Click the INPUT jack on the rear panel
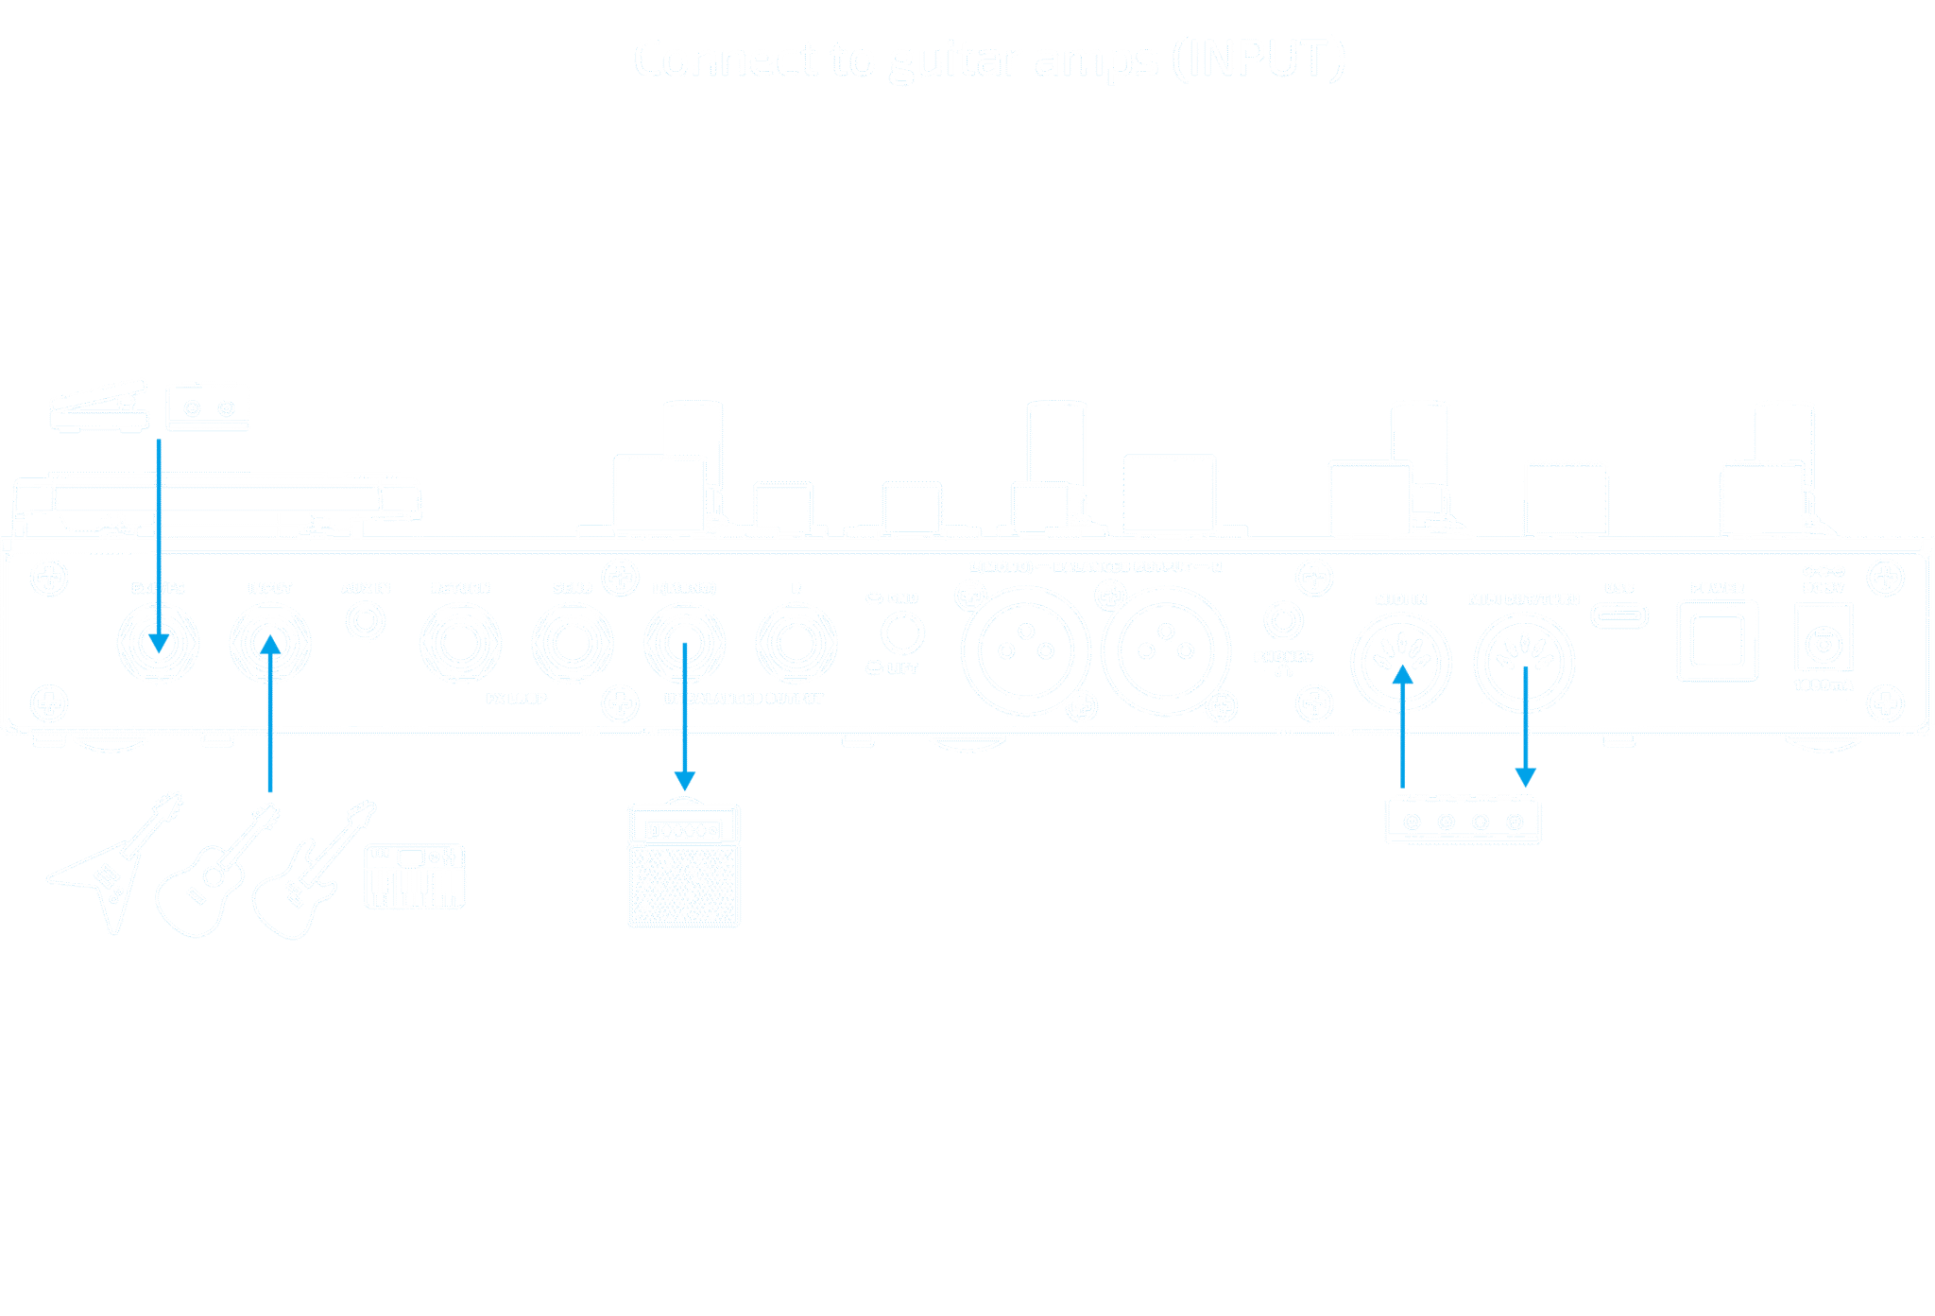click(x=270, y=643)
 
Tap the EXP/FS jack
click(x=158, y=643)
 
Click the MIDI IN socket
click(x=1401, y=661)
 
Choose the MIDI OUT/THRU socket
click(x=1524, y=661)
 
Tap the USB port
click(x=1619, y=616)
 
